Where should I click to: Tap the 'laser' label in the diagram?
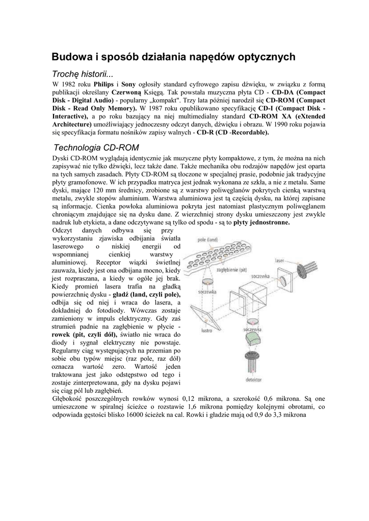coord(279,260)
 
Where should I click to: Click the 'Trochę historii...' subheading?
coord(84,74)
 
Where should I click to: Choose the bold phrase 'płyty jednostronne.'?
coord(261,222)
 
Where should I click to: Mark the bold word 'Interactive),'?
coord(71,117)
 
